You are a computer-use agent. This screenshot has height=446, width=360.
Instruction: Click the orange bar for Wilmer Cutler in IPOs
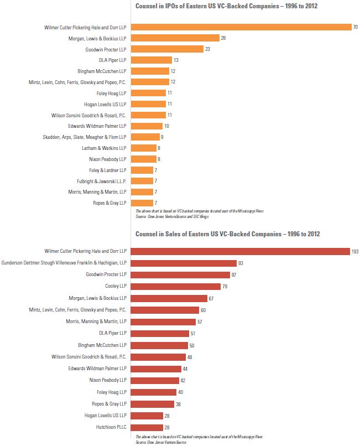pyautogui.click(x=241, y=27)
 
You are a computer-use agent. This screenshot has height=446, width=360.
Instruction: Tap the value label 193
pyautogui.click(x=354, y=251)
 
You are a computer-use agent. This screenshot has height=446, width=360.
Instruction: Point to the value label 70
pyautogui.click(x=356, y=27)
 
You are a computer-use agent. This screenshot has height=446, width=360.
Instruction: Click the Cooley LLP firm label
pyautogui.click(x=116, y=286)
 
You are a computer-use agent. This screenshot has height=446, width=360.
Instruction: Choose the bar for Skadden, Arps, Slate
pyautogui.click(x=145, y=137)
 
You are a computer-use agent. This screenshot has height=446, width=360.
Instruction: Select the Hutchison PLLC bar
pyautogui.click(x=147, y=427)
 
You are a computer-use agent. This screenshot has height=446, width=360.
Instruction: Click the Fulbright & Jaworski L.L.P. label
pyautogui.click(x=102, y=181)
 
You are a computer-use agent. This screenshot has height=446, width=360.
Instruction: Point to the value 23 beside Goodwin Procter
pyautogui.click(x=208, y=49)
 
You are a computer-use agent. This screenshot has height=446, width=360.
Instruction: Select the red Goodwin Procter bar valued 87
pyautogui.click(x=180, y=274)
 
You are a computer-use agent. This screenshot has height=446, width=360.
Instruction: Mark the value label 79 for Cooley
pyautogui.click(x=225, y=286)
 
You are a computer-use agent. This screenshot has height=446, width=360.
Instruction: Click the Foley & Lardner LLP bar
pyautogui.click(x=142, y=170)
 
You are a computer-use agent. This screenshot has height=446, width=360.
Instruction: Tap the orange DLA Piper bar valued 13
pyautogui.click(x=151, y=60)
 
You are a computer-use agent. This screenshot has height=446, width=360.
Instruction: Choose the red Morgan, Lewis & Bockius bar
pyautogui.click(x=169, y=298)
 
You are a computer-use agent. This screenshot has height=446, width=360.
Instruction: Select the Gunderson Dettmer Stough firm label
pyautogui.click(x=64, y=263)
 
